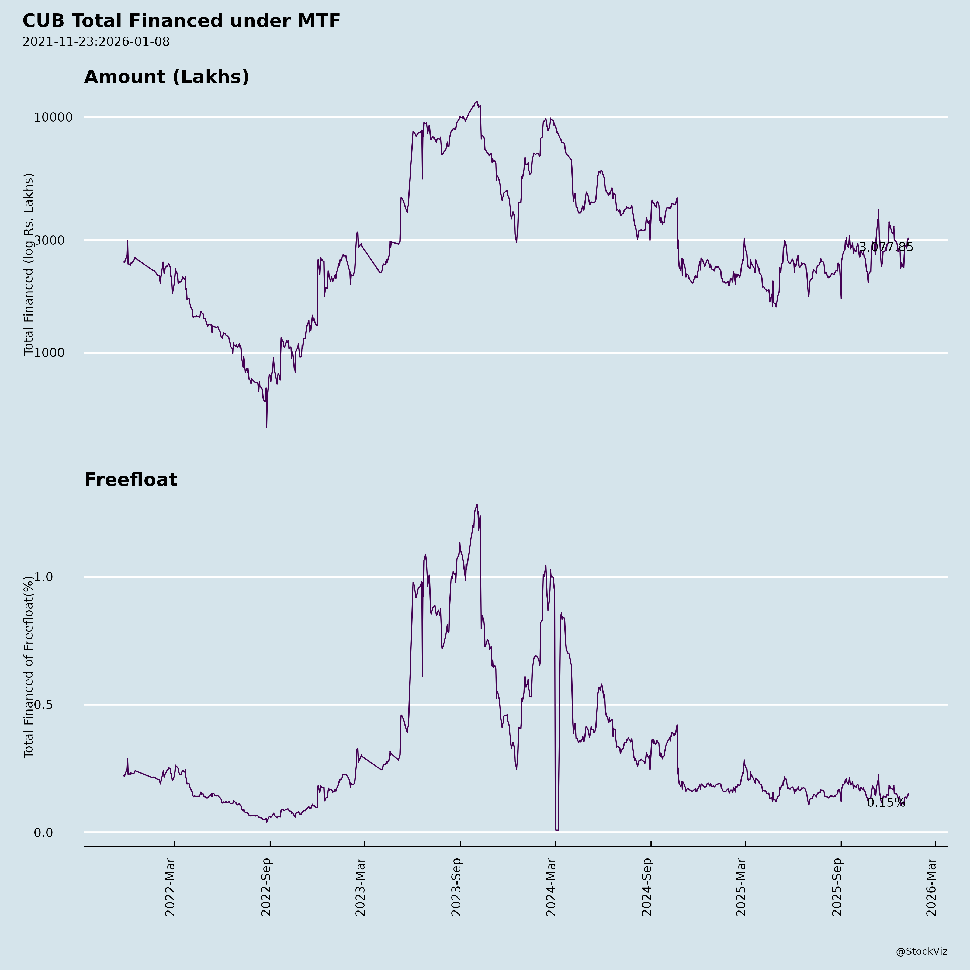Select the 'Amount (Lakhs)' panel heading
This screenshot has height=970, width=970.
coord(167,77)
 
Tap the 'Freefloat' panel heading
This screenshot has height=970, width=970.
coord(130,480)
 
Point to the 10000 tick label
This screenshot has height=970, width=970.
coord(53,117)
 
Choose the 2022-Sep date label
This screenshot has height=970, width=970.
coord(266,887)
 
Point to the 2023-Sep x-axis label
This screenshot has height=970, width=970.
coord(456,887)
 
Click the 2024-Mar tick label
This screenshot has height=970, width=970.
coord(551,887)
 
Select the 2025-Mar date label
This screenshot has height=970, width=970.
coord(742,887)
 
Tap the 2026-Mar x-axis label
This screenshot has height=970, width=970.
coord(932,887)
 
